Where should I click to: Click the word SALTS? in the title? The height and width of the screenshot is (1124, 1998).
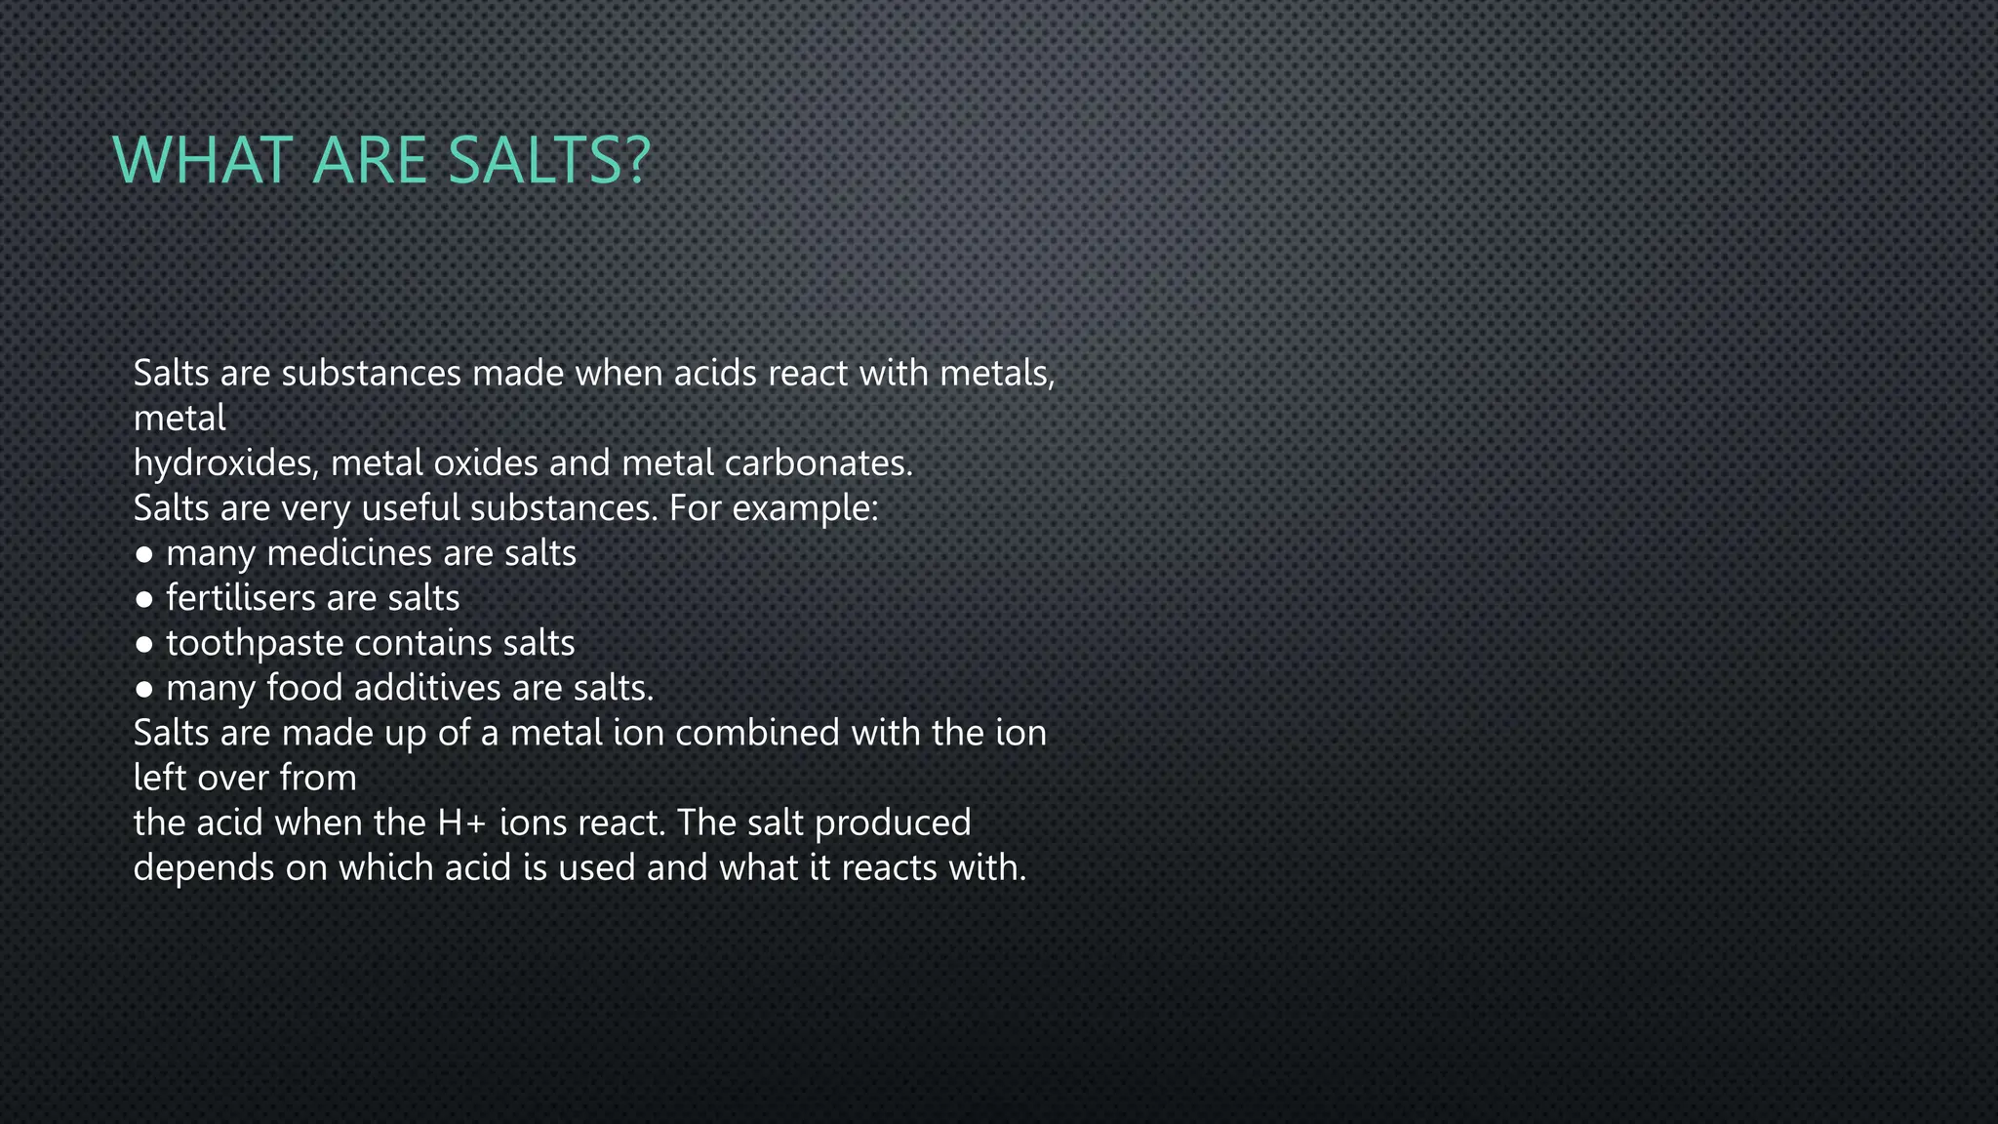click(549, 160)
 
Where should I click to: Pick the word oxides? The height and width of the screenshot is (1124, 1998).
click(486, 463)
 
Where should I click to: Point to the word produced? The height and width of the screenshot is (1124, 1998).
click(893, 823)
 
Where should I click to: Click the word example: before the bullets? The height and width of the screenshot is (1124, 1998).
click(805, 508)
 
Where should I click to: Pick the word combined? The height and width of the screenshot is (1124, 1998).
click(757, 733)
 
